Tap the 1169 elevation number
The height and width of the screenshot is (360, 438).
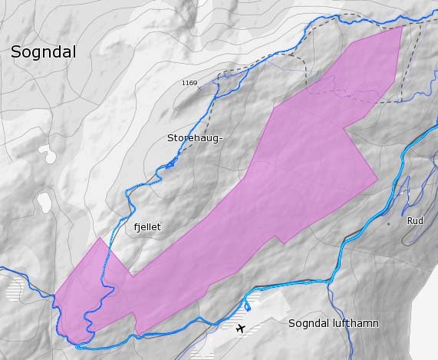pos(189,83)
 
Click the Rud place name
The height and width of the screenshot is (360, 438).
pos(415,220)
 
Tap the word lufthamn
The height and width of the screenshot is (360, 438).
pos(353,323)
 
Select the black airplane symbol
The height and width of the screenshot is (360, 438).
pos(242,329)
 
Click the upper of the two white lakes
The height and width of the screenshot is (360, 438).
pos(49,154)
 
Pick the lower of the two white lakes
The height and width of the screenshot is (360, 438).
pos(43,203)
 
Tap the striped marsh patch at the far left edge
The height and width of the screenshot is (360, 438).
pos(15,288)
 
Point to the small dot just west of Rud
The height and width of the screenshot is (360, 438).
pos(388,223)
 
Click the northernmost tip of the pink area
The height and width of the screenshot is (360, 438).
pos(403,26)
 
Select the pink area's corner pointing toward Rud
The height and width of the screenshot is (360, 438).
pos(378,180)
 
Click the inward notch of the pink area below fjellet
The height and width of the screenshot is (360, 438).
pos(131,275)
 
